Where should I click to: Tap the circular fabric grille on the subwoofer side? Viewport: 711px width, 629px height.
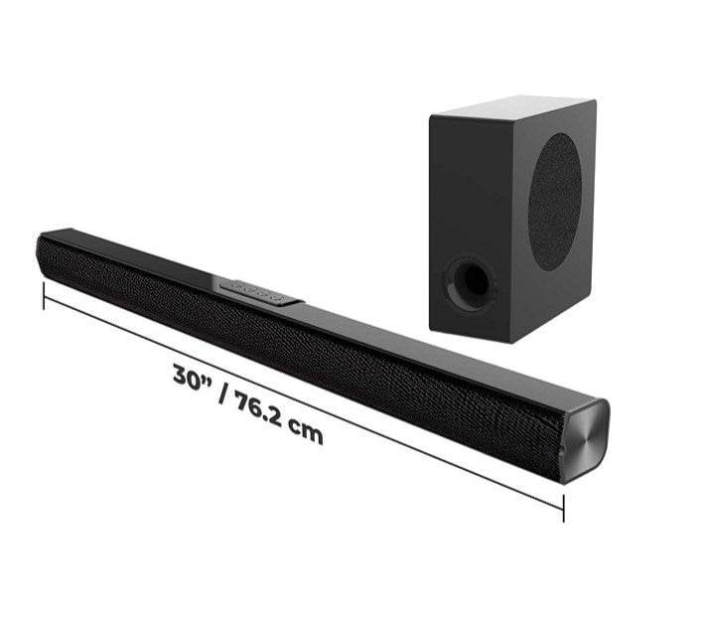(554, 202)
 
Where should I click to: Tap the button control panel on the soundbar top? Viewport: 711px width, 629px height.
(257, 290)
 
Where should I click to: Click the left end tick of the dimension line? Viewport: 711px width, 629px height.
(44, 294)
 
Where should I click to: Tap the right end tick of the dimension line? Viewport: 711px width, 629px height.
(563, 507)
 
